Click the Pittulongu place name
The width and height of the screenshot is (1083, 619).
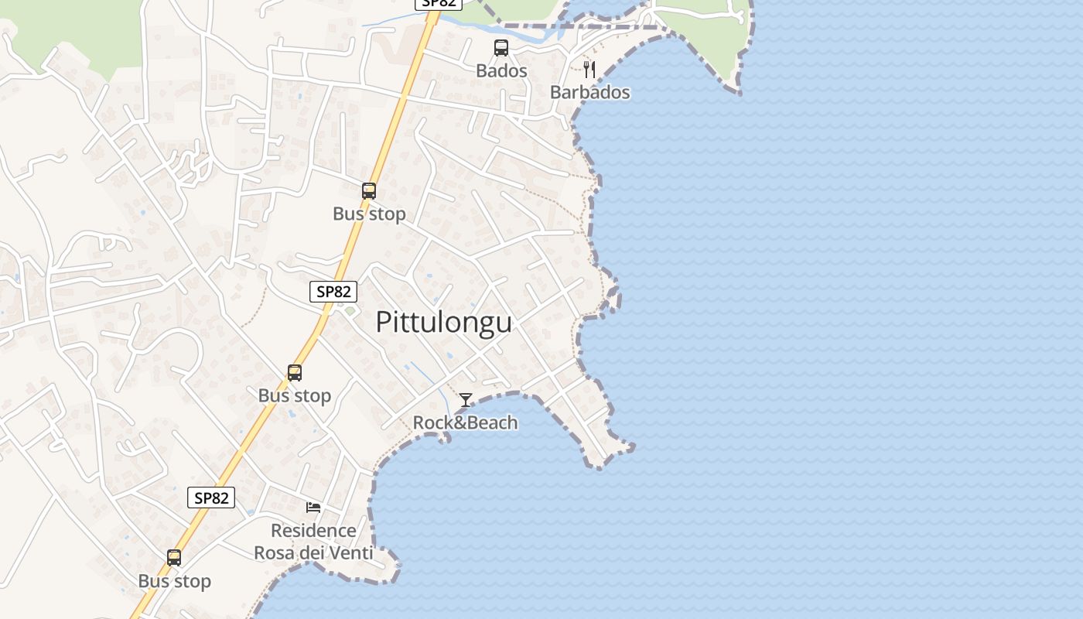pyautogui.click(x=443, y=323)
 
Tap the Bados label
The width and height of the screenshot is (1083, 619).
pyautogui.click(x=501, y=71)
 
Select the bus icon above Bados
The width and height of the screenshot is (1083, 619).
pyautogui.click(x=501, y=48)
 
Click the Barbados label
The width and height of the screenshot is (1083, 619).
pyautogui.click(x=589, y=93)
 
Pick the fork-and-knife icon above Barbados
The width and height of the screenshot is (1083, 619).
pyautogui.click(x=589, y=70)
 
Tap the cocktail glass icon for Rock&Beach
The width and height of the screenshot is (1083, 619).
pyautogui.click(x=466, y=400)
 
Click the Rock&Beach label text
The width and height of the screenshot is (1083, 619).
pyautogui.click(x=465, y=423)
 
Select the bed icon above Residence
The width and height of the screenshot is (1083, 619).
pyautogui.click(x=313, y=508)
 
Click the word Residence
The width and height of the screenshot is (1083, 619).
pyautogui.click(x=313, y=531)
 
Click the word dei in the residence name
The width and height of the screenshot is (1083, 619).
pyautogui.click(x=309, y=553)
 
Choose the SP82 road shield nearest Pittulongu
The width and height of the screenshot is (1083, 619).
pyautogui.click(x=333, y=292)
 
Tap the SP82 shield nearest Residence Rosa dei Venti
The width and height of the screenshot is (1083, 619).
pyautogui.click(x=211, y=498)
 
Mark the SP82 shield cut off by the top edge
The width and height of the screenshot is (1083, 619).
pyautogui.click(x=439, y=3)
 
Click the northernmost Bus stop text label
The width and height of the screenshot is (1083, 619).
pyautogui.click(x=369, y=214)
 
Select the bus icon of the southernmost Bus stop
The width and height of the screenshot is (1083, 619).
pyautogui.click(x=174, y=558)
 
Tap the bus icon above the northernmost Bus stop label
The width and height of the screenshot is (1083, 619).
pyautogui.click(x=369, y=190)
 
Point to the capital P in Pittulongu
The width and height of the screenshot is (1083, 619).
pyautogui.click(x=384, y=323)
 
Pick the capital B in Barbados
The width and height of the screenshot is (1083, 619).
pyautogui.click(x=555, y=93)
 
